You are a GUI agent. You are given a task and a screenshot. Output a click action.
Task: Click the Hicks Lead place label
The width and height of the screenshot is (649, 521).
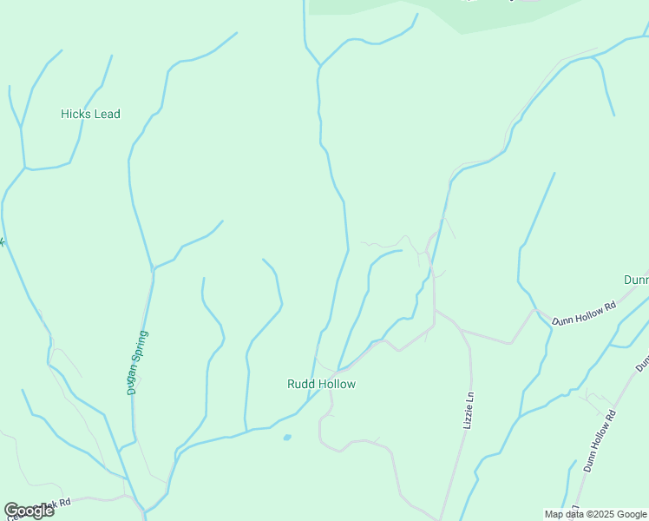(x=90, y=114)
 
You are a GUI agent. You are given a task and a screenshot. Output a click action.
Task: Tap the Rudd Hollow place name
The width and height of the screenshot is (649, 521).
(x=321, y=384)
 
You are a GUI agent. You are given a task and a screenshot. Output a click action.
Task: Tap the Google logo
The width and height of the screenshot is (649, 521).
(x=29, y=511)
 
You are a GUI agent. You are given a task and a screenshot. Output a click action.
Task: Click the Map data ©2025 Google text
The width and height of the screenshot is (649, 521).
(x=596, y=514)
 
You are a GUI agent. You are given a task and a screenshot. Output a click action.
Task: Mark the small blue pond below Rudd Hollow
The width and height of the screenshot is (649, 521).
(x=286, y=437)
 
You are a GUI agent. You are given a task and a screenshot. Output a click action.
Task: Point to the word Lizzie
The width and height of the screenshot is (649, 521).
(x=469, y=416)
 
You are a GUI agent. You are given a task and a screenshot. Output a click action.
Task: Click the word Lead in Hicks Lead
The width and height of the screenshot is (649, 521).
(x=108, y=114)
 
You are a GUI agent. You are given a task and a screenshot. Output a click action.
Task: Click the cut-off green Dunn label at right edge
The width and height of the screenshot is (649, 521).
(x=637, y=280)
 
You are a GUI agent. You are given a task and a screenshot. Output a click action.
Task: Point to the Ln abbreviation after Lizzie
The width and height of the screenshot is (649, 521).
(x=469, y=396)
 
